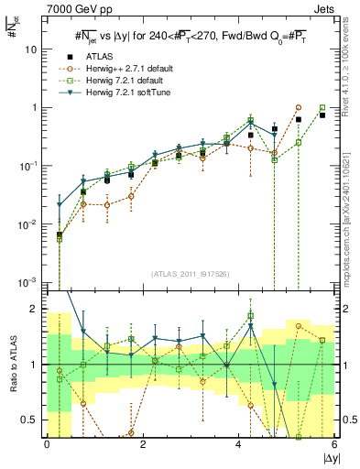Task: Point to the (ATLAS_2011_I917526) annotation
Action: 191,274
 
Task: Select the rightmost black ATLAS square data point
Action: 322,115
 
